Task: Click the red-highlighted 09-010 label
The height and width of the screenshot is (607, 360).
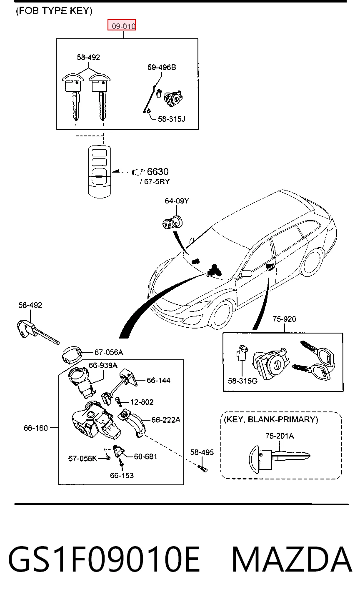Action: tap(122, 25)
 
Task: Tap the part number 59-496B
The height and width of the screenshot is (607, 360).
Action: tap(162, 67)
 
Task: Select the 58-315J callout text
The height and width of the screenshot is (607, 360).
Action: tap(172, 119)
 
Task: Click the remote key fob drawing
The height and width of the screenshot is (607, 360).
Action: tap(100, 172)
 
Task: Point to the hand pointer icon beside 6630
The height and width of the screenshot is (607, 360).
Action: tap(138, 171)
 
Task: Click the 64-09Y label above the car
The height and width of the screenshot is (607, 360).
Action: tap(177, 201)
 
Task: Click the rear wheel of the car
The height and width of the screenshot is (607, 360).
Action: tap(314, 262)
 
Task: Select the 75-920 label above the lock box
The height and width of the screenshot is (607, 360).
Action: tap(284, 319)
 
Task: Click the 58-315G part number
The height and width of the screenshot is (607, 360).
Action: tap(243, 381)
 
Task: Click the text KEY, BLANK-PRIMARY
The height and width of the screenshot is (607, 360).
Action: tap(271, 419)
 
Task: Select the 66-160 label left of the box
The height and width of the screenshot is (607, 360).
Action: tap(36, 428)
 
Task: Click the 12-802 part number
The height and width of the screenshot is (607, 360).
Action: tap(142, 402)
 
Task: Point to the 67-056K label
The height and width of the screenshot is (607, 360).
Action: tap(82, 458)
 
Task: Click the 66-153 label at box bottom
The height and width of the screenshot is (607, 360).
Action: tap(122, 475)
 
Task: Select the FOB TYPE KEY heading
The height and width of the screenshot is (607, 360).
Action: tap(54, 11)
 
